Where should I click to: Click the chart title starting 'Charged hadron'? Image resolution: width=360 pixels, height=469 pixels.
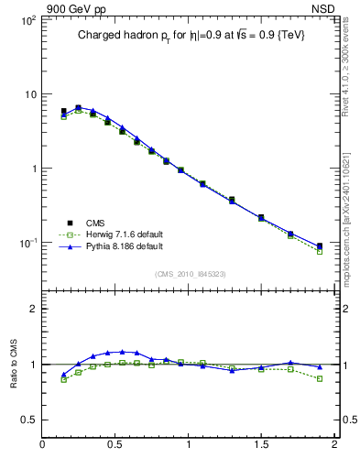click(x=191, y=35)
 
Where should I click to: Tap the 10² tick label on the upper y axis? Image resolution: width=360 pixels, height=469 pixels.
click(x=27, y=20)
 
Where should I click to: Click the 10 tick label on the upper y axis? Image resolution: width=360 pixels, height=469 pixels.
click(x=29, y=94)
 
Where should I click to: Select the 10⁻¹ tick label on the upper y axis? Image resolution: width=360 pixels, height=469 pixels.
click(x=27, y=243)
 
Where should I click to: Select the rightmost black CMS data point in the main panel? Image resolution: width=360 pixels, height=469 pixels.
click(x=319, y=245)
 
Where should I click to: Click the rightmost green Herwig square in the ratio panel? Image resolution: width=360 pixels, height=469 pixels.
click(x=319, y=378)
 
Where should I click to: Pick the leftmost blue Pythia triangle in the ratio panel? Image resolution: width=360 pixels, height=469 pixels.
click(x=63, y=375)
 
